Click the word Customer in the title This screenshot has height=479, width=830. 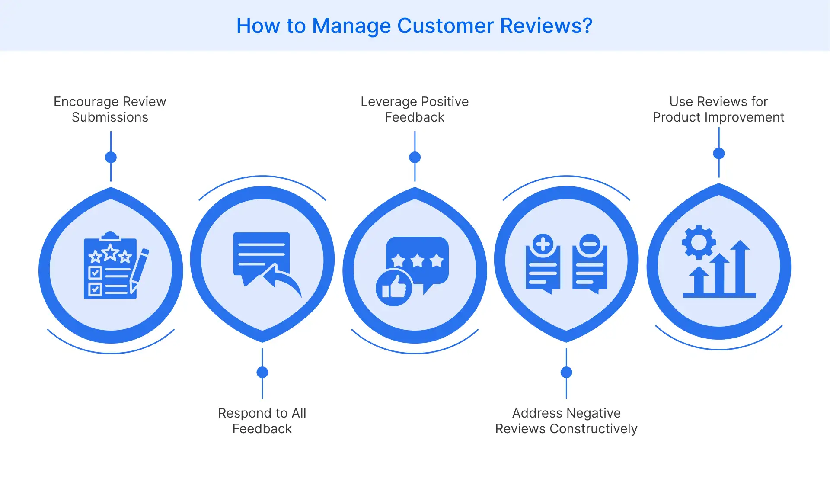(445, 26)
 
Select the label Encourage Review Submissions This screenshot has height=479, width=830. (110, 109)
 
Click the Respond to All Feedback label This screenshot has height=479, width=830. (262, 421)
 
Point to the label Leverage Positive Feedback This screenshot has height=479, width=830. (415, 109)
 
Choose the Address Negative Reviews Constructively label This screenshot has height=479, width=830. (566, 421)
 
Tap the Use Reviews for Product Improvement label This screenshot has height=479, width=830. (718, 109)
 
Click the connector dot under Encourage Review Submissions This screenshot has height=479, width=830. (111, 157)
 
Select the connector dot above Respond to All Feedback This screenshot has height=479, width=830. (262, 372)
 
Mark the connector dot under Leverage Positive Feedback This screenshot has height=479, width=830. (415, 157)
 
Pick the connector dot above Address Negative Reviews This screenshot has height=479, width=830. (566, 372)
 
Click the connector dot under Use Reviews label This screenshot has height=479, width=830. (718, 153)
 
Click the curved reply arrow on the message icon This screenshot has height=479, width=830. (283, 280)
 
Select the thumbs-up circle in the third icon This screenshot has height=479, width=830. (394, 288)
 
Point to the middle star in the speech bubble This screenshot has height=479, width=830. (417, 260)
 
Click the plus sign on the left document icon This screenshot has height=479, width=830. (543, 244)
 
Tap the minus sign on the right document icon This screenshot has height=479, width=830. (590, 244)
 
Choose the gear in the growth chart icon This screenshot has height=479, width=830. (699, 242)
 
